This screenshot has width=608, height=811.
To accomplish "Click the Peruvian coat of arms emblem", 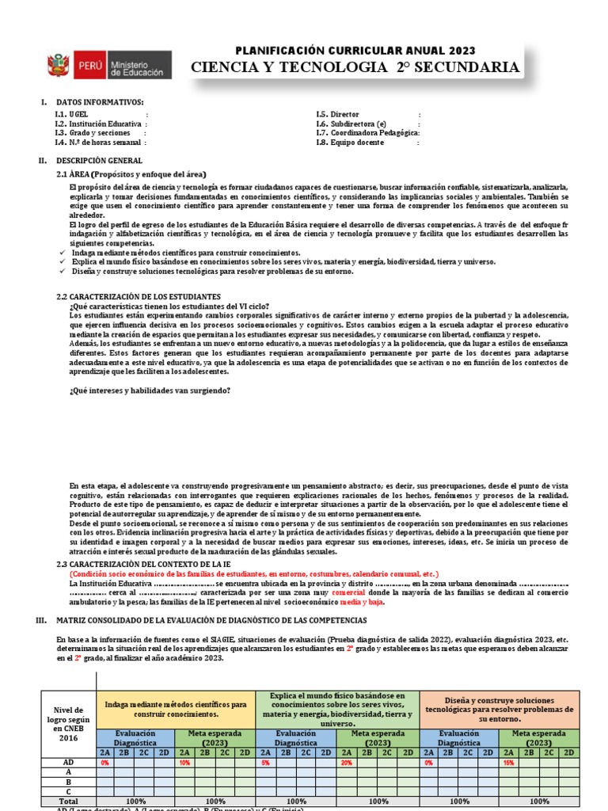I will tap(59, 66).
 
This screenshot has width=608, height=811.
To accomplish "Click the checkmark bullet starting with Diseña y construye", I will tap(61, 271).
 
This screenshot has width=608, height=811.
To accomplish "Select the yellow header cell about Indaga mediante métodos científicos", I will tap(174, 709).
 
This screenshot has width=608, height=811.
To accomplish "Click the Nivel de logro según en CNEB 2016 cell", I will tap(67, 725).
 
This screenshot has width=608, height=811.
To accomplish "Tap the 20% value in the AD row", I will tap(346, 763).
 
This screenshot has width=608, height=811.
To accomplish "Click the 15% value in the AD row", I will tap(509, 763).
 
